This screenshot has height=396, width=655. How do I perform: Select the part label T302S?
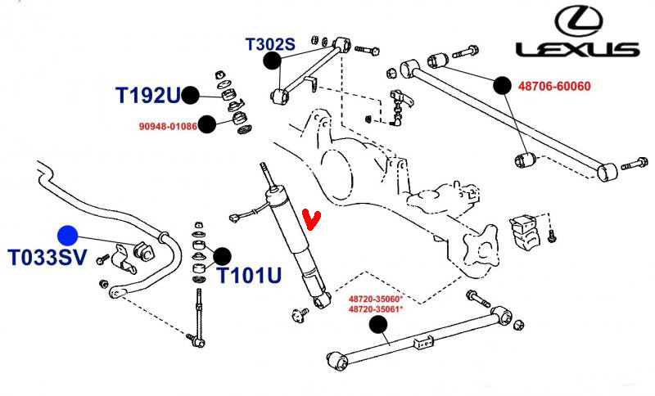269,44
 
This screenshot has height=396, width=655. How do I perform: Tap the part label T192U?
147,96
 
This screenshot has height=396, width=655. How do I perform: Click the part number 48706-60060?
553,85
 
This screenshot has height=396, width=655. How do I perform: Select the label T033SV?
47,259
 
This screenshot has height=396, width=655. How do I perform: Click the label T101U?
249,275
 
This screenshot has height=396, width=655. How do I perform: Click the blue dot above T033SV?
68,236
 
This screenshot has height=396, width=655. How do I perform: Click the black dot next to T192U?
190,96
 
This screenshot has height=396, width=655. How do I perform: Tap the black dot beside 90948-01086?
207,124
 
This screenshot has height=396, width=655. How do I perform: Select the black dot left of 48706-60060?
501,84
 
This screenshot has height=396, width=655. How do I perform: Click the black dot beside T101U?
222,256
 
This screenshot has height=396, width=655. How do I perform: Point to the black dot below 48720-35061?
377,325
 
